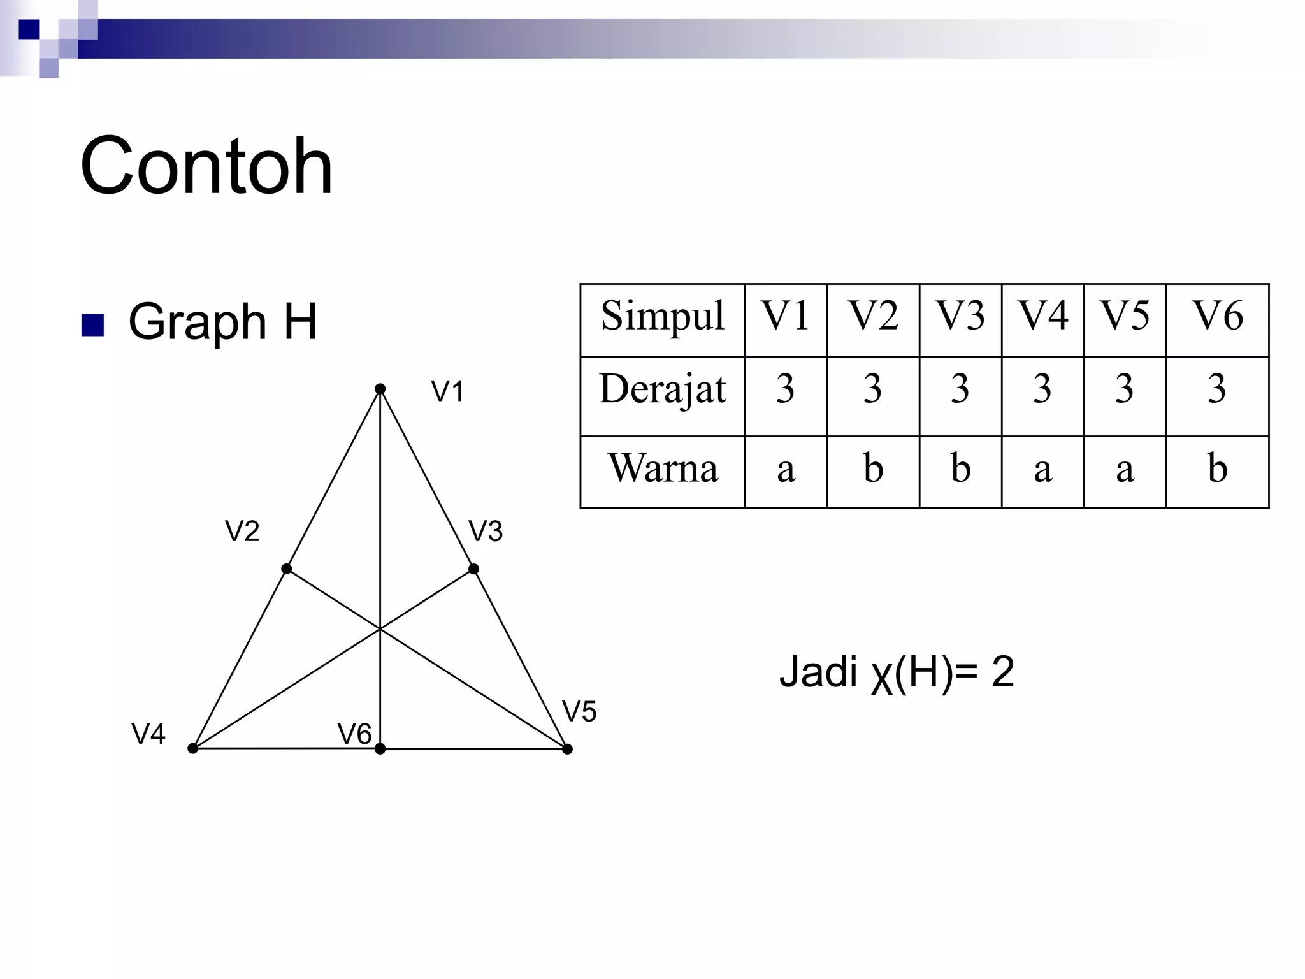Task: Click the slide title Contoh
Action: point(206,167)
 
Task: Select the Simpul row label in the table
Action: point(662,315)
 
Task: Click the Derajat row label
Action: point(662,389)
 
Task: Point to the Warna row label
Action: point(663,468)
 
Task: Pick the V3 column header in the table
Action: point(960,315)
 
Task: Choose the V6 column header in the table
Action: point(1217,315)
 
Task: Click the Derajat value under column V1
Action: point(785,389)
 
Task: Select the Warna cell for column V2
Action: point(873,468)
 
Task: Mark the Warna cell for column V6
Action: point(1217,468)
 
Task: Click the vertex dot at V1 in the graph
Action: point(380,389)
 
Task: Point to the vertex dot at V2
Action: point(287,569)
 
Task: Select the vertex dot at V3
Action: point(473,569)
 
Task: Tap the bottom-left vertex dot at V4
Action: point(193,748)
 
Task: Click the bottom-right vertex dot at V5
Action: point(567,749)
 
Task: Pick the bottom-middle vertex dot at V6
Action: point(380,749)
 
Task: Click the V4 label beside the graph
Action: point(148,734)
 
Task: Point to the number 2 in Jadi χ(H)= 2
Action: point(1002,672)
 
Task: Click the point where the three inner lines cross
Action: point(380,629)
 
